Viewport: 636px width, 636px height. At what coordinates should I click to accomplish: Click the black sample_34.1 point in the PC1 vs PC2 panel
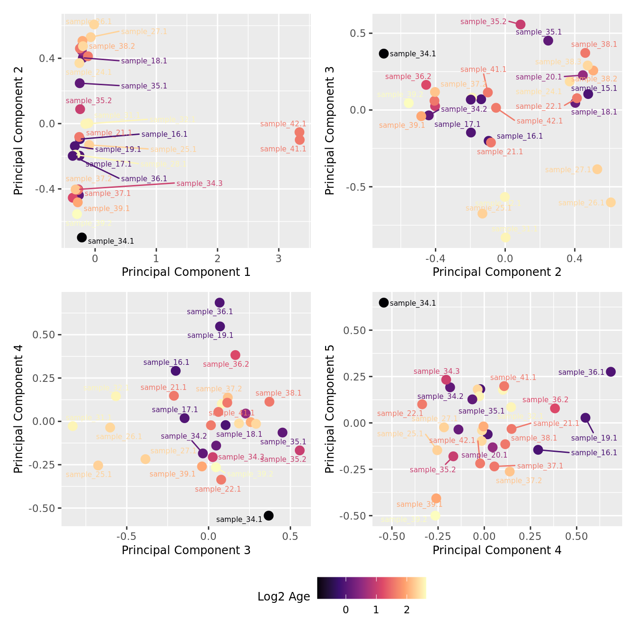click(82, 238)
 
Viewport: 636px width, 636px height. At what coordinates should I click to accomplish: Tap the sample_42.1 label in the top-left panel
click(283, 124)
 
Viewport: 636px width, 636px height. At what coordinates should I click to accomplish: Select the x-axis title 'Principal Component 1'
click(186, 272)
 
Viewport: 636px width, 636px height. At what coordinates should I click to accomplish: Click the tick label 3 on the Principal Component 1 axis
click(279, 258)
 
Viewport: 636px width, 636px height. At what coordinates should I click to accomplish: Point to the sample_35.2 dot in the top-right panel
click(521, 25)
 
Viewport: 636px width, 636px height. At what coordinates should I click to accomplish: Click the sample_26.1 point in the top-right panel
click(611, 203)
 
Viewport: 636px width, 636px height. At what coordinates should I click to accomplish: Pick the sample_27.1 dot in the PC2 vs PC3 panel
click(597, 169)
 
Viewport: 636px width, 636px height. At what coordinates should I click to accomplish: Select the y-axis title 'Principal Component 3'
click(330, 131)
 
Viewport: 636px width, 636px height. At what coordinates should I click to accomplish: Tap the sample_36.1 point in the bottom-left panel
click(220, 303)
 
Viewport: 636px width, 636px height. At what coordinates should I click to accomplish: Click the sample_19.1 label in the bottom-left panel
click(210, 336)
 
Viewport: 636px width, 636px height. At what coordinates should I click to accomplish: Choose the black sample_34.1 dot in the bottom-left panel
click(268, 515)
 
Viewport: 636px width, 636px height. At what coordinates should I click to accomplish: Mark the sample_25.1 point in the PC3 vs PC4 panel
click(98, 466)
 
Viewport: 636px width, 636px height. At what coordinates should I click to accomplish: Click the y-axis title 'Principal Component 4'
click(18, 409)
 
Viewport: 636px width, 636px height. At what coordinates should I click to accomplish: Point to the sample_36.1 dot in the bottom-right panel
click(611, 372)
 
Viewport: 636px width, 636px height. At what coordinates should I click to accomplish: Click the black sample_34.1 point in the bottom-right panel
click(384, 303)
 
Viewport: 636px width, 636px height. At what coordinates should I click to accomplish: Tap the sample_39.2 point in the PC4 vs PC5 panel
click(435, 515)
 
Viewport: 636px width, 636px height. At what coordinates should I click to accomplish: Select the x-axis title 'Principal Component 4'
click(497, 550)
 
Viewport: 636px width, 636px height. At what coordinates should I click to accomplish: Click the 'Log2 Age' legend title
click(283, 597)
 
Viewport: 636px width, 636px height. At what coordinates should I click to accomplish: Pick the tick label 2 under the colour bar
click(406, 610)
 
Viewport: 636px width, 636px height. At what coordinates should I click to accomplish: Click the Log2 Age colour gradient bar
click(371, 588)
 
